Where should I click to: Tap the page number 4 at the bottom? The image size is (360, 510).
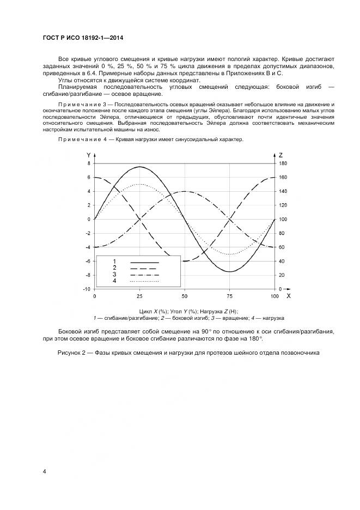point(44,470)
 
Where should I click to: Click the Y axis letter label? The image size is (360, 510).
point(89,155)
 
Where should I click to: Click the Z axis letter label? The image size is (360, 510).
point(280,155)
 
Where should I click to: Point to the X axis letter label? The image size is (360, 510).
point(288,296)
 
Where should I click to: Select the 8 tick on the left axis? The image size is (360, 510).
point(89,163)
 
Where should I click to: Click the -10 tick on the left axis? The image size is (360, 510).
point(87,289)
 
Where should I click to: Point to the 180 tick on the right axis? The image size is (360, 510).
point(283,163)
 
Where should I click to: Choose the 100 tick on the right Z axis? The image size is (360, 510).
point(283,219)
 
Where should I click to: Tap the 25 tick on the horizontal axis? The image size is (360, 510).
point(139,296)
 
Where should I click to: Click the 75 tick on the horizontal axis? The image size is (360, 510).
point(229,296)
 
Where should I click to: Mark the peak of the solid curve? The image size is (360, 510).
point(139,167)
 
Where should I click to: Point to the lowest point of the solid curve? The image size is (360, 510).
point(229,271)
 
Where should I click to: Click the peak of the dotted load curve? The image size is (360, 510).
point(139,184)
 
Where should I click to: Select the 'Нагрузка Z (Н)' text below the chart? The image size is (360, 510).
point(219,311)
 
